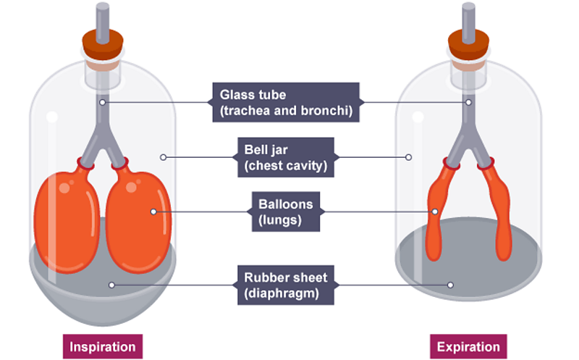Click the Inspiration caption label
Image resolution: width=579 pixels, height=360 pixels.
point(102,346)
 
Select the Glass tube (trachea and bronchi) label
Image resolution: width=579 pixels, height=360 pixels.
point(285,102)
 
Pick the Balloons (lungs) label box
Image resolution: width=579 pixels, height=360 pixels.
point(285,212)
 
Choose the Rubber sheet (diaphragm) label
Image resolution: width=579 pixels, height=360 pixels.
point(285,285)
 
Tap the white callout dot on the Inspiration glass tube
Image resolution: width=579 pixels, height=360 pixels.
point(103,102)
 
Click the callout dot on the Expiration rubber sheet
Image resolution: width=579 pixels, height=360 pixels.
point(450,285)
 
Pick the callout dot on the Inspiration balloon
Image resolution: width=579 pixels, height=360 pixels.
point(153,212)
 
